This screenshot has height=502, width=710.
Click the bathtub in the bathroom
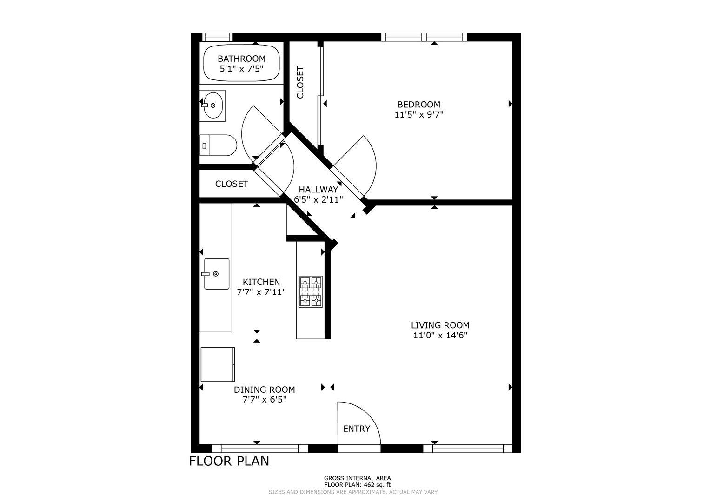[x=241, y=63]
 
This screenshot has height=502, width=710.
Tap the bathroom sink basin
[x=212, y=106]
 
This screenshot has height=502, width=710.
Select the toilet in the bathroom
[x=219, y=145]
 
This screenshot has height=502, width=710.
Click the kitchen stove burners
[x=311, y=291]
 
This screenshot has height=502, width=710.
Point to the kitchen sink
[x=216, y=274]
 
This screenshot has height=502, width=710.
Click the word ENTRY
[x=357, y=429]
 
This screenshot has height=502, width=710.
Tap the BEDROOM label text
[x=419, y=105]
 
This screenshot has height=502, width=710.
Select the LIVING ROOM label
[x=440, y=325]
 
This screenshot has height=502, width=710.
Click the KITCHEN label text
[x=261, y=282]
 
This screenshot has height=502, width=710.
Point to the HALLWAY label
[x=318, y=190]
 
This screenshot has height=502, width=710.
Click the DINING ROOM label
[x=265, y=390]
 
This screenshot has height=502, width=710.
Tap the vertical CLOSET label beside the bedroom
[x=300, y=82]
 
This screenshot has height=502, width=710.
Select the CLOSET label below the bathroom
[x=232, y=184]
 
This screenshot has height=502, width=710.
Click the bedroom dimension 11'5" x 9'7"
[x=419, y=115]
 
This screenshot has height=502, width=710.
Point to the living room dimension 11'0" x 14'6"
[x=440, y=335]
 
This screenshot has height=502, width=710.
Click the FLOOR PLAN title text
[x=229, y=461]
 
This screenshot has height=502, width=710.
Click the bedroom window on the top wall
[x=424, y=37]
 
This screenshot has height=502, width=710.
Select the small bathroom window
[x=218, y=37]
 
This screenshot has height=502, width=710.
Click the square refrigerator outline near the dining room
[x=218, y=364]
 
